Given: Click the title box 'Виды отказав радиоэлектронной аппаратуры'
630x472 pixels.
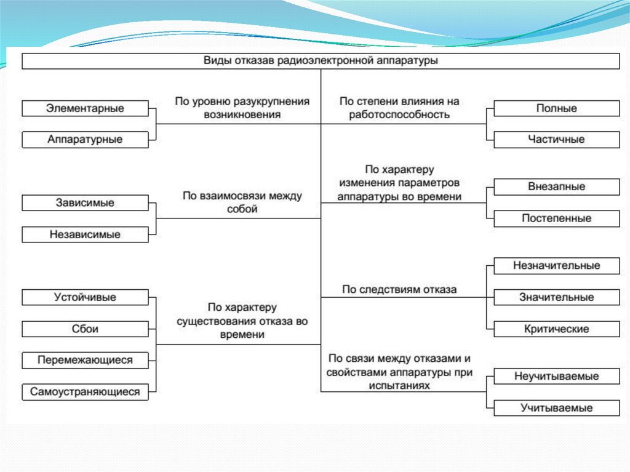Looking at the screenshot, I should click(321, 61).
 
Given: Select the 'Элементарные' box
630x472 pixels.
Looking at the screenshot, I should click(85, 108).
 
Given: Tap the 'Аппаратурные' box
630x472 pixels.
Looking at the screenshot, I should click(85, 140).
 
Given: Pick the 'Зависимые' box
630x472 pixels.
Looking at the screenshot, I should click(85, 202).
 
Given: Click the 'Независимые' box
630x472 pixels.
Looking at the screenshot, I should click(85, 234).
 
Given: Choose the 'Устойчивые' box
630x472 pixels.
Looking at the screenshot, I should click(85, 297).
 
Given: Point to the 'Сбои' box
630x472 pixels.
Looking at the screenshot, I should click(85, 329).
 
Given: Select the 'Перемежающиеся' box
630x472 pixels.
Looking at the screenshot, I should click(85, 360).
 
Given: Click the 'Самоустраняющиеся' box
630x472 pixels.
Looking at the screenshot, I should click(85, 391).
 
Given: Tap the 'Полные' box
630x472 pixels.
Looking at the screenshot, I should click(556, 108).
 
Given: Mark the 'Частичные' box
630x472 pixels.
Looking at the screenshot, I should click(556, 140).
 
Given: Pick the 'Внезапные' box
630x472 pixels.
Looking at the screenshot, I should click(556, 186).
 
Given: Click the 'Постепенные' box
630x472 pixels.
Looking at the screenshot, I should click(556, 218).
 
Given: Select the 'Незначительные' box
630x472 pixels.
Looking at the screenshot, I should click(556, 266).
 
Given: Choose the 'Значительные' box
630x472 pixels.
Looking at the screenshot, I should click(556, 297).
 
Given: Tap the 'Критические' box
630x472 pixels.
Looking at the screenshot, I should click(556, 329).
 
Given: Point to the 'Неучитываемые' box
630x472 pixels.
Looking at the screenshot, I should click(556, 376).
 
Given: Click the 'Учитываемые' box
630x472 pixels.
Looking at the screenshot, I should click(556, 407).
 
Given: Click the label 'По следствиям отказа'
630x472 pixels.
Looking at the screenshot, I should click(399, 289).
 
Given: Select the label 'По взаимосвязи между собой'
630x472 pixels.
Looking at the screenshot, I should click(242, 202).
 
